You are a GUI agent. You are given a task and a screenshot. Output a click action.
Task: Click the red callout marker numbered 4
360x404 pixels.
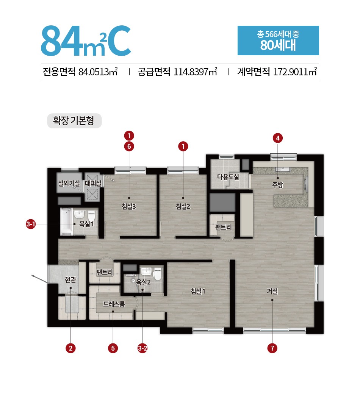[277, 138]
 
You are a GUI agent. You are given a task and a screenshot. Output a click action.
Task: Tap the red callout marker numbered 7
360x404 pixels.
[272, 348]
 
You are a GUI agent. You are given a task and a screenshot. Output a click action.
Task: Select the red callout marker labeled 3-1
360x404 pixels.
[31, 224]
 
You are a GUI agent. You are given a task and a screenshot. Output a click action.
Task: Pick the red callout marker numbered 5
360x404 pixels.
[113, 348]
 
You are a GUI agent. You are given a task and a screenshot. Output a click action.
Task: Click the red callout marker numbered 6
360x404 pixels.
[129, 147]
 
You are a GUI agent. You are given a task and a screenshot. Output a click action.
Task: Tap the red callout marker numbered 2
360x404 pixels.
[70, 348]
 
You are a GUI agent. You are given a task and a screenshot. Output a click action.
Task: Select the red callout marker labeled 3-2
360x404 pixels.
[142, 348]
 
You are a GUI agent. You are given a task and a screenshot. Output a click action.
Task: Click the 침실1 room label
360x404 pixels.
[198, 291]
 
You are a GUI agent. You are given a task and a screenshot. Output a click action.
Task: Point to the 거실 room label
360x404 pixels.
[272, 291]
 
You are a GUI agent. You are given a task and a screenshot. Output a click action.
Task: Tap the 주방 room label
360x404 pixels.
[277, 184]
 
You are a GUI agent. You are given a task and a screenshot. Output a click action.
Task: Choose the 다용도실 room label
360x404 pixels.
[228, 177]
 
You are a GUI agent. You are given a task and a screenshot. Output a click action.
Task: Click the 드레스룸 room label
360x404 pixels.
[114, 304]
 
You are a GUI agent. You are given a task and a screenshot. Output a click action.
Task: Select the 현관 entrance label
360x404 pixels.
[70, 279]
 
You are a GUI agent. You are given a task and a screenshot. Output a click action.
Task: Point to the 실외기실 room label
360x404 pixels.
[69, 184]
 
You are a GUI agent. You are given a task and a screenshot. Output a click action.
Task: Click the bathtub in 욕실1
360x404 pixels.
[66, 221]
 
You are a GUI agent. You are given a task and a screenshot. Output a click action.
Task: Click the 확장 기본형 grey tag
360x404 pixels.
[74, 120]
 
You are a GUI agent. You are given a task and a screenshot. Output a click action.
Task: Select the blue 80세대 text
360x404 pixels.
[278, 45]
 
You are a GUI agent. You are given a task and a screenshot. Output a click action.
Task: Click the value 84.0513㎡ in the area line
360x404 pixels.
[98, 72]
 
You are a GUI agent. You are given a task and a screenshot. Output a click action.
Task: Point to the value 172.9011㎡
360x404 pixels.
[295, 72]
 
